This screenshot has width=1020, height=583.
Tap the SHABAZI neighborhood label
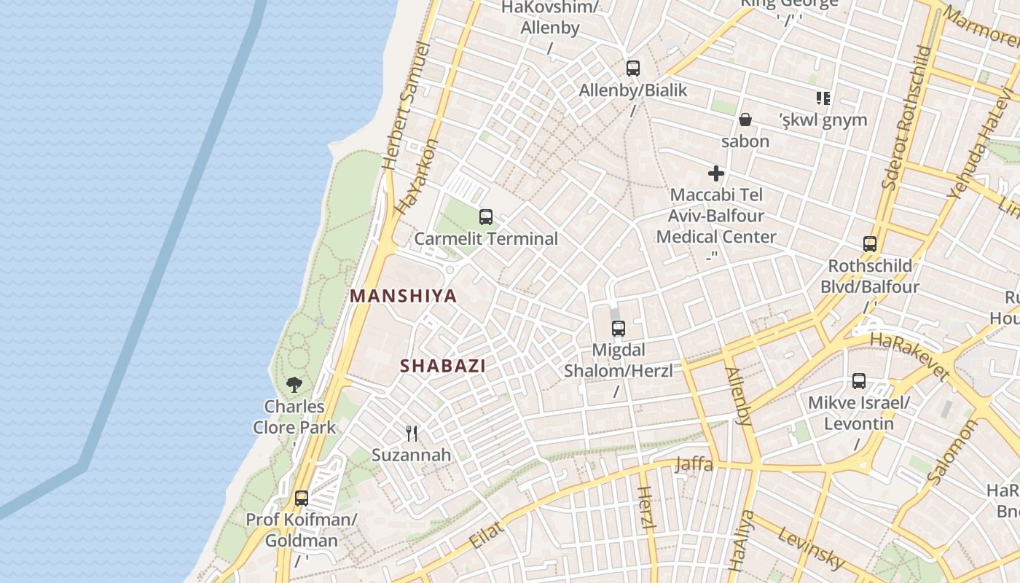pos(442,366)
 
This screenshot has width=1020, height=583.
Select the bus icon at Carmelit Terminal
pos(486,216)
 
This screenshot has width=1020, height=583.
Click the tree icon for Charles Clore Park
pos(294,384)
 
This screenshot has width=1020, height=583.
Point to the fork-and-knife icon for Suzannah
pos(412,434)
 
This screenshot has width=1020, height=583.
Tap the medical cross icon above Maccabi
pos(716,173)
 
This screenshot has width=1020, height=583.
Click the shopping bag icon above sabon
pos(745,120)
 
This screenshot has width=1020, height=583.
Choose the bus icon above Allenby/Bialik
pos(633,69)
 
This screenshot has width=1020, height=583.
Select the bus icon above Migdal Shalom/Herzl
pos(619,329)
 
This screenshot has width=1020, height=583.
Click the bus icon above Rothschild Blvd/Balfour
pos(870,243)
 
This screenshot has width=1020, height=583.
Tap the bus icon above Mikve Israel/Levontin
pos(859,380)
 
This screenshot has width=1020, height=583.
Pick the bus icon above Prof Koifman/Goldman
pos(302,498)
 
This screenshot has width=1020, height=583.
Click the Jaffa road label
pos(694,463)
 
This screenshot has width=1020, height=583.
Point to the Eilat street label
pos(487,534)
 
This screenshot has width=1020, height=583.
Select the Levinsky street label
pos(811,548)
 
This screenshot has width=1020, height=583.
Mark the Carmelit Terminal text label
pos(486,238)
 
